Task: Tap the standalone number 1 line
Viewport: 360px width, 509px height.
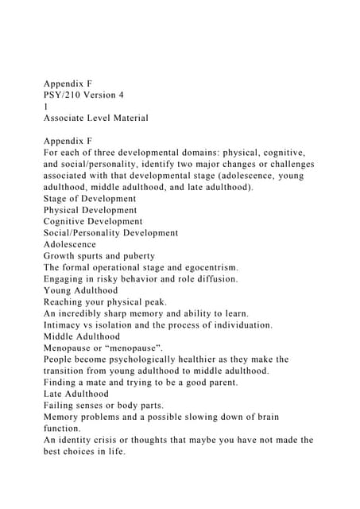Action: (45, 106)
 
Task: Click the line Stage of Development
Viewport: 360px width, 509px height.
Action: (90, 198)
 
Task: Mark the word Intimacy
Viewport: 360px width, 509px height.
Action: (66, 325)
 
